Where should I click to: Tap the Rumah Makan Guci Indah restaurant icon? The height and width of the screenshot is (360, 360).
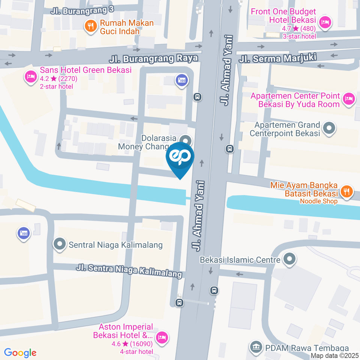(90, 26)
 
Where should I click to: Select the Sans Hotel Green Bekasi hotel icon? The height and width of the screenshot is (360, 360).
(30, 77)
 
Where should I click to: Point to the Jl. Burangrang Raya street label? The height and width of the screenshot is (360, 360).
(154, 59)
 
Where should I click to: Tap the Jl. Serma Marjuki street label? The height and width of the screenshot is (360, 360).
(278, 58)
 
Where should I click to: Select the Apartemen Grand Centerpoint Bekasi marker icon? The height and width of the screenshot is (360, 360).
(329, 128)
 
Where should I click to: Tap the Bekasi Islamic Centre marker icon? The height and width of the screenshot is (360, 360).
(289, 259)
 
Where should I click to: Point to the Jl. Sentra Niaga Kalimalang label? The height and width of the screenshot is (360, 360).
(129, 271)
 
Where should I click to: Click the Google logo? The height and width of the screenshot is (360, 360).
(20, 352)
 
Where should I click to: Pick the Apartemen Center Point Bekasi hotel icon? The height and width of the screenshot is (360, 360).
(349, 99)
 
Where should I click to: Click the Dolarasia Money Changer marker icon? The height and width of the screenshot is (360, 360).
(184, 140)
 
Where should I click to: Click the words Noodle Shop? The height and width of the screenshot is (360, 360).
(318, 201)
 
